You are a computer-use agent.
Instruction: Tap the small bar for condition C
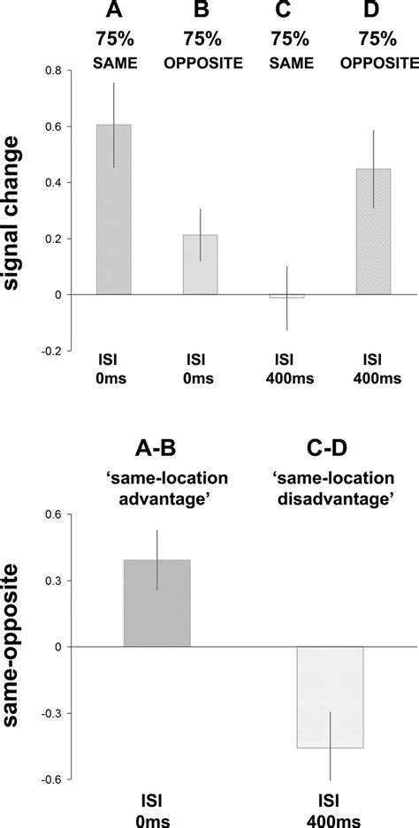pos(286,296)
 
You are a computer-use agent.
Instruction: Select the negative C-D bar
pos(330,697)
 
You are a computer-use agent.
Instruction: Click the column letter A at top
pos(113,11)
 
